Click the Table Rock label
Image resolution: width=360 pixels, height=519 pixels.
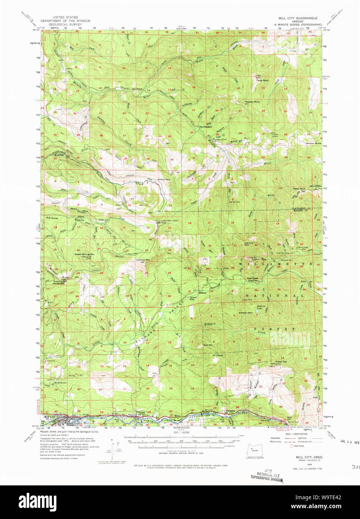[262, 80]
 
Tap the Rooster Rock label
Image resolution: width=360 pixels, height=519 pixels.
[252, 102]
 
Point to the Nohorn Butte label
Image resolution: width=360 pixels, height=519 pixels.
[313, 143]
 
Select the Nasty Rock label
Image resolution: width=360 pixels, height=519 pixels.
[299, 189]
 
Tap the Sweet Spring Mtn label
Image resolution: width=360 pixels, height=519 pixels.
[84, 254]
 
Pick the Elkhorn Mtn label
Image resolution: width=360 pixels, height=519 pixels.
[245, 313]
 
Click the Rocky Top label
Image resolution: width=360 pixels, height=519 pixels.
[281, 361]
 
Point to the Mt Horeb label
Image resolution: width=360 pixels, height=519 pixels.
[218, 355]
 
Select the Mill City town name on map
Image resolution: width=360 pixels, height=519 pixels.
[49, 417]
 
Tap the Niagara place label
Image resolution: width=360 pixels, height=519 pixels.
[231, 411]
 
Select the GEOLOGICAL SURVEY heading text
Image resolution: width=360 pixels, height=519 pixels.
[65, 24]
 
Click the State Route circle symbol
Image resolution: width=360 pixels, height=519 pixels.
[291, 446]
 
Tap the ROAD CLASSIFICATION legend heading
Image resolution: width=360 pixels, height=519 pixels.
[296, 434]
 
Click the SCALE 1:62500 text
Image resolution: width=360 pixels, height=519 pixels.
[181, 432]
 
